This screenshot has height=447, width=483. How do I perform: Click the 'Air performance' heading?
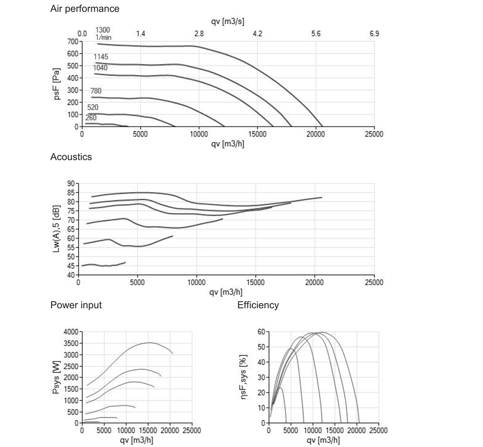point(85,9)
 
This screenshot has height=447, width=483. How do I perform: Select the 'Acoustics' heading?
point(71,157)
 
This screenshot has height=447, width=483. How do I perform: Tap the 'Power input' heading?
point(76,305)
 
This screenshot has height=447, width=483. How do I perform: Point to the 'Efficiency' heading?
point(258,305)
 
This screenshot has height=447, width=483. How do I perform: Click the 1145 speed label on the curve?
point(101,57)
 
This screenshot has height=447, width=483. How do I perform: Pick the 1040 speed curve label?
point(100,68)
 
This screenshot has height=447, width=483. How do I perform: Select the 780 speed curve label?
point(96,91)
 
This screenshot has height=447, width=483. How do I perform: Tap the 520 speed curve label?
point(93,107)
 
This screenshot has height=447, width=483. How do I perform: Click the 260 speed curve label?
point(91,118)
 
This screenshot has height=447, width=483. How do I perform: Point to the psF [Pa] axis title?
point(57,84)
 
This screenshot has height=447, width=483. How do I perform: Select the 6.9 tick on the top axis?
point(374,34)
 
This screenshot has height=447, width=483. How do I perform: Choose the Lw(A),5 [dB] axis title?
point(57,229)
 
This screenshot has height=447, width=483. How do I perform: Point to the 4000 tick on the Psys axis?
point(71,332)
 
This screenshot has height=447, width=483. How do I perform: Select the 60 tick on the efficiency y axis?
point(261,332)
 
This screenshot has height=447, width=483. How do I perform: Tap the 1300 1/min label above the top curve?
point(103,33)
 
